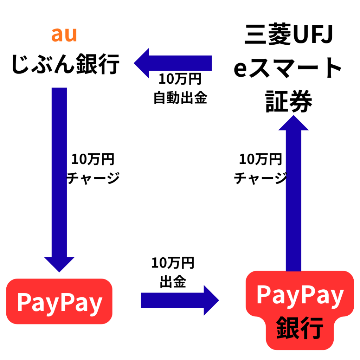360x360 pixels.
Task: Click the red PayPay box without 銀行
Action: [59, 302]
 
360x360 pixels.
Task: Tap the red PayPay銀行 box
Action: [300, 309]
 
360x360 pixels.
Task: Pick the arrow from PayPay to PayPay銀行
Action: [179, 300]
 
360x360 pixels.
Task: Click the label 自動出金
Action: [180, 98]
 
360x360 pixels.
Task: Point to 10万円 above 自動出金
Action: [180, 79]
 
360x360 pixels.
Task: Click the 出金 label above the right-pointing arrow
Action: [173, 282]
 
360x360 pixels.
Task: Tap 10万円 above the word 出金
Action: [173, 263]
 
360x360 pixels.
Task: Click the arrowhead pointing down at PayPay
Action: [59, 264]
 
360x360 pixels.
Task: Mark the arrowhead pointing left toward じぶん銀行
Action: [142, 63]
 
